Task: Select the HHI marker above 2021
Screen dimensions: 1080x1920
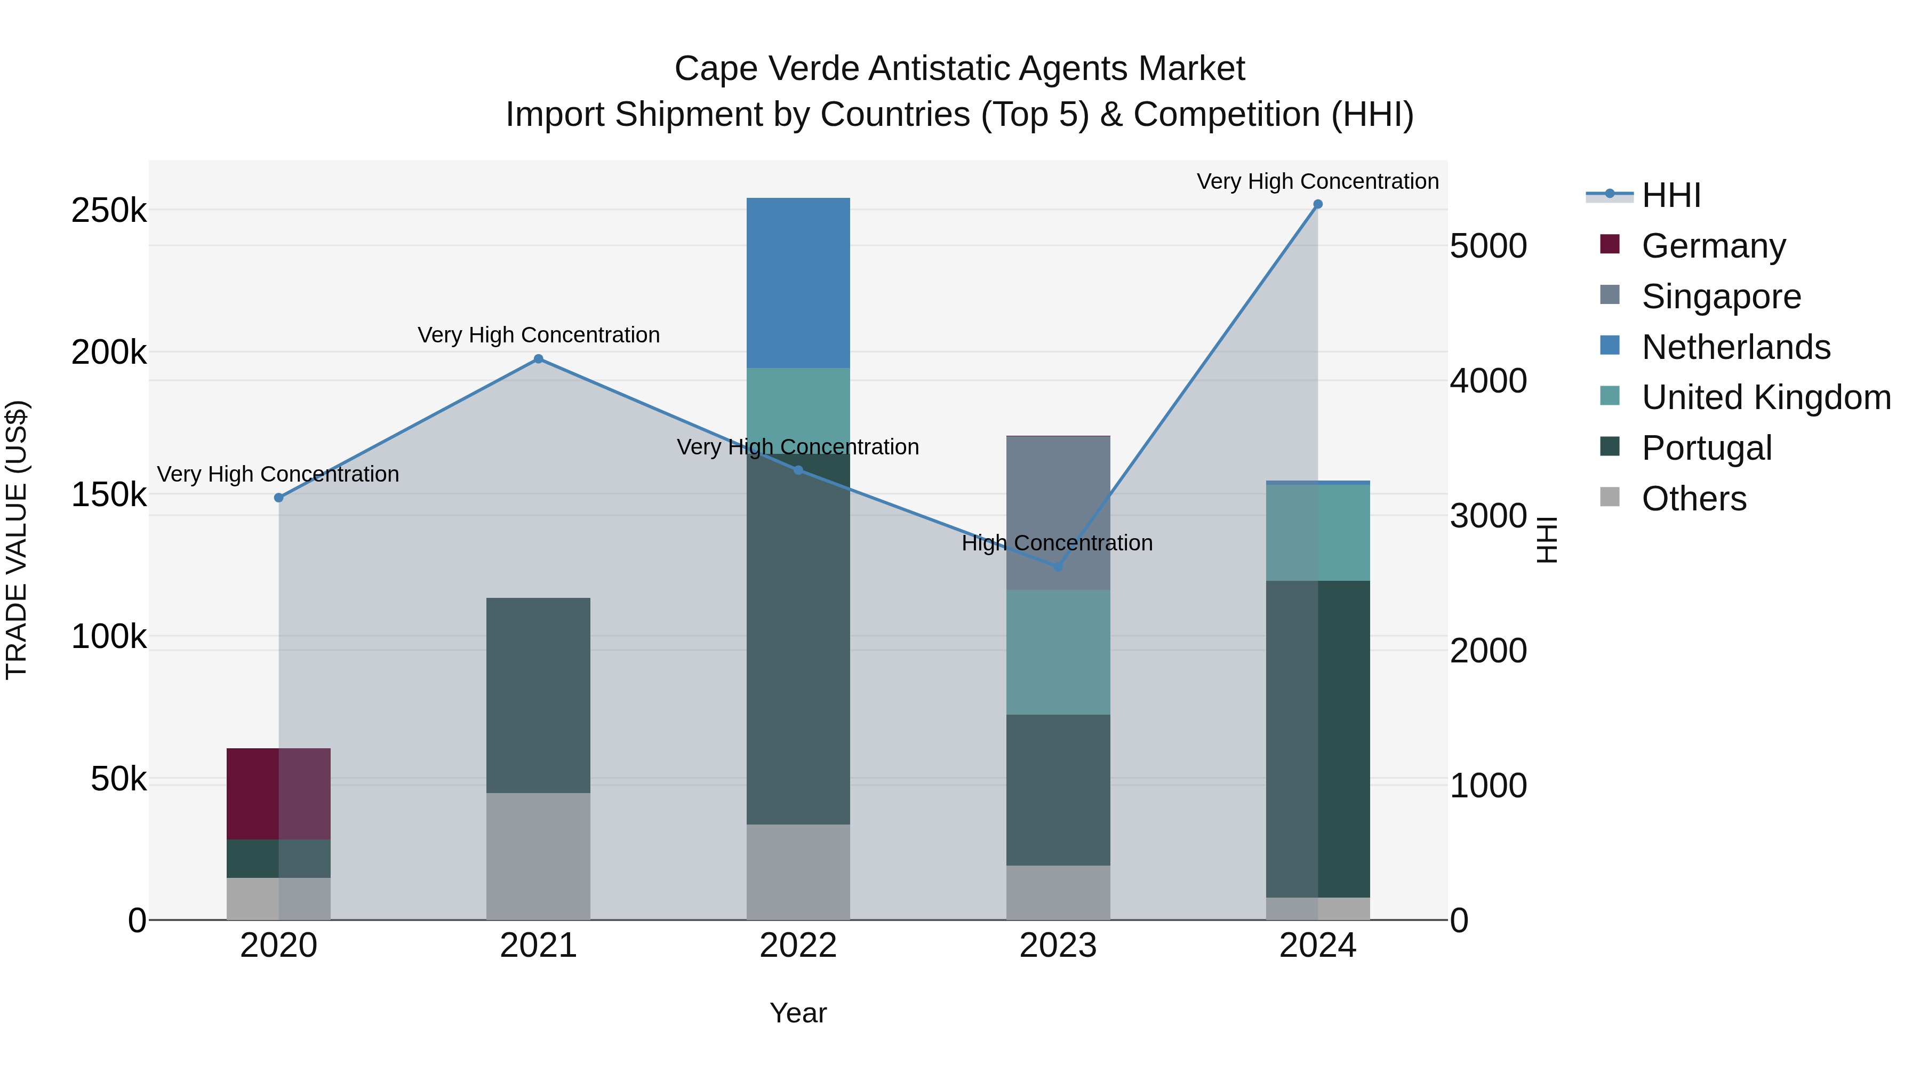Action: tap(538, 359)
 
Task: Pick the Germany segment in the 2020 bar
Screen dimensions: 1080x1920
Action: tap(278, 794)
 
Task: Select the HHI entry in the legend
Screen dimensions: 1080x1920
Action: tap(1670, 195)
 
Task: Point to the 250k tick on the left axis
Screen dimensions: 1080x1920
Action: tap(109, 211)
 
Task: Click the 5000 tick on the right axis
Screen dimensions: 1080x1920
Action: tap(1487, 247)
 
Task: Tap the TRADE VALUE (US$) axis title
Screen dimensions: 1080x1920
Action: tap(17, 540)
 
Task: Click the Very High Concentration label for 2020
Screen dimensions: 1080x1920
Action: tap(278, 474)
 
